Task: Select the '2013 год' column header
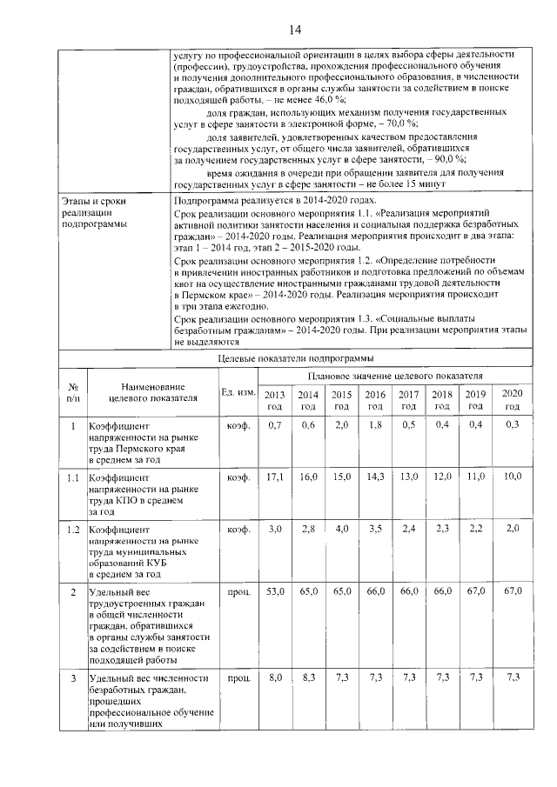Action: [x=274, y=400]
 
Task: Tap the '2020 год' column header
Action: [x=512, y=400]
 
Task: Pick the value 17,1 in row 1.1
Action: [x=274, y=477]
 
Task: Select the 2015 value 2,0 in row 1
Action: [x=341, y=424]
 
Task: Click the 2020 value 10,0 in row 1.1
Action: [x=512, y=477]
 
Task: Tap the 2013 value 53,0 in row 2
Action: [x=274, y=591]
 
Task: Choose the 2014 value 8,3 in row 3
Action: [x=307, y=677]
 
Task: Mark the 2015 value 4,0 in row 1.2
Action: [x=341, y=529]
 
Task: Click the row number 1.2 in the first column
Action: [x=73, y=529]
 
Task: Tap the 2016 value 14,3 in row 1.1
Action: [x=374, y=477]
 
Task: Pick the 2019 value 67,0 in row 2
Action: [x=475, y=591]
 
